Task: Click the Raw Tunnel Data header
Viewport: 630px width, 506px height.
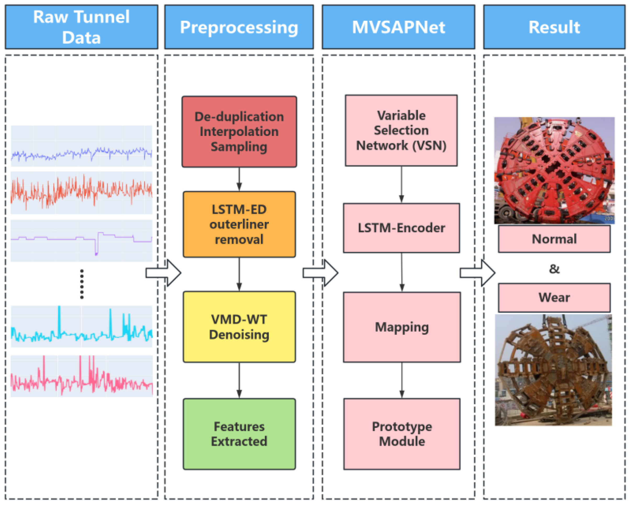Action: (81, 27)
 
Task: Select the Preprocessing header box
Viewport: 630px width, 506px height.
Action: (239, 27)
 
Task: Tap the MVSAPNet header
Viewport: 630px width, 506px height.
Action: (398, 27)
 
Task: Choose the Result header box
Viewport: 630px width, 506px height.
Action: (554, 27)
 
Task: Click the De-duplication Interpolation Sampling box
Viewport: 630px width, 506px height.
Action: (239, 132)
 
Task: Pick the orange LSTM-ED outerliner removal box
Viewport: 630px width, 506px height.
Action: (239, 224)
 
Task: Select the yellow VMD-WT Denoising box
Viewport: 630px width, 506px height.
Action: (239, 327)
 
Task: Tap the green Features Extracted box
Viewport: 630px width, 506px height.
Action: (239, 434)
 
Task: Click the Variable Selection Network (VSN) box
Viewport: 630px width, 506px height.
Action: (401, 130)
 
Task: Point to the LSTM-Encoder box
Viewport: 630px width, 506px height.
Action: (401, 228)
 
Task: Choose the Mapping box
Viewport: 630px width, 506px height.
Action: (402, 327)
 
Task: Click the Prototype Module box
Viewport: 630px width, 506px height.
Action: (402, 434)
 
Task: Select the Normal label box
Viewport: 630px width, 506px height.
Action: (554, 239)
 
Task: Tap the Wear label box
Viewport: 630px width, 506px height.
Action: (554, 297)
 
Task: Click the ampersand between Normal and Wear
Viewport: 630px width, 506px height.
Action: (554, 269)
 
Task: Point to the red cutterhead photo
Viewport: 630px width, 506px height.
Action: (554, 170)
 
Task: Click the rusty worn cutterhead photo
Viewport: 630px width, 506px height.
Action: (553, 370)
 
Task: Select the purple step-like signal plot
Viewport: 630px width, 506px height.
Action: (81, 240)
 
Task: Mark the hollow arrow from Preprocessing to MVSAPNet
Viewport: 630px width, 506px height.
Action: (321, 273)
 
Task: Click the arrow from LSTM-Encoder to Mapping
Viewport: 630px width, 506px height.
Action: (402, 272)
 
